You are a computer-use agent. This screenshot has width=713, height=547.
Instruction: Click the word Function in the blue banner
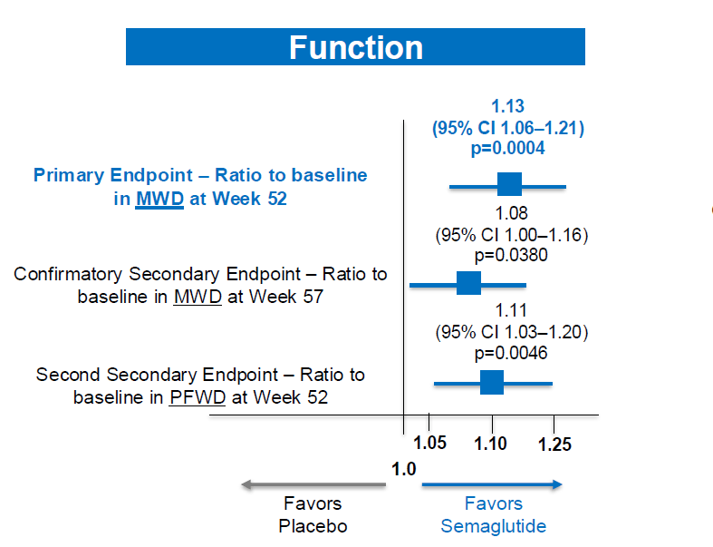356,47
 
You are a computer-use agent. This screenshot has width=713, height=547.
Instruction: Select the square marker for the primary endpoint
509,184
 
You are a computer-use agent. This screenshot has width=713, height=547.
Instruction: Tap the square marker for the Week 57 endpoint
468,283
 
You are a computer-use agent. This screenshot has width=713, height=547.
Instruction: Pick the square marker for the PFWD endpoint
492,382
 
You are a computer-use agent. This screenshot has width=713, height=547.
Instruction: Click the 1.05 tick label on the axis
429,443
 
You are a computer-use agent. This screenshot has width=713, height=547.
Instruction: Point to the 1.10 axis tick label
490,444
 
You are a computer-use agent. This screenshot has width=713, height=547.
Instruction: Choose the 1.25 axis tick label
554,444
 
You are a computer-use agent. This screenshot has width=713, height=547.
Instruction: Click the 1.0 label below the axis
404,469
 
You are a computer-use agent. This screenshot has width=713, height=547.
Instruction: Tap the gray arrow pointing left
313,484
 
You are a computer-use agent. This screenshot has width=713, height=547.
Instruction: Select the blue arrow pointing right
492,484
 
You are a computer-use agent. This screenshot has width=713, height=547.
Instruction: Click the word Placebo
313,526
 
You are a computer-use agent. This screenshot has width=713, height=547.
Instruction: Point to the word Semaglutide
494,526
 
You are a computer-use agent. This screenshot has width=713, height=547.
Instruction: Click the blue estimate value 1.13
508,106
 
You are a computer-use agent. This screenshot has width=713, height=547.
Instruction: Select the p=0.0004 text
507,149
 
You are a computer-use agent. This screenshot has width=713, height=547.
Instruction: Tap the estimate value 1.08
511,213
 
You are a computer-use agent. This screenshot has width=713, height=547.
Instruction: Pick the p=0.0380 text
511,255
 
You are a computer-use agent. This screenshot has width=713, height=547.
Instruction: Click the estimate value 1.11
511,310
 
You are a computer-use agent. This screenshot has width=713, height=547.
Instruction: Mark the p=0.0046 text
511,353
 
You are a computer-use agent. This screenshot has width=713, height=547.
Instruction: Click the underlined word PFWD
198,397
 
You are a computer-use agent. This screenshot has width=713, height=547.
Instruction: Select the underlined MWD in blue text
159,199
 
